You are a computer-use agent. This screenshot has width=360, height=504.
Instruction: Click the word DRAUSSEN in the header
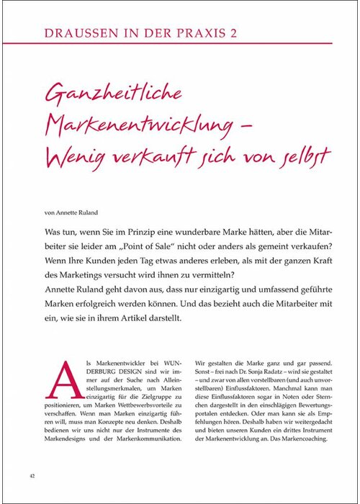tap(76, 33)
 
